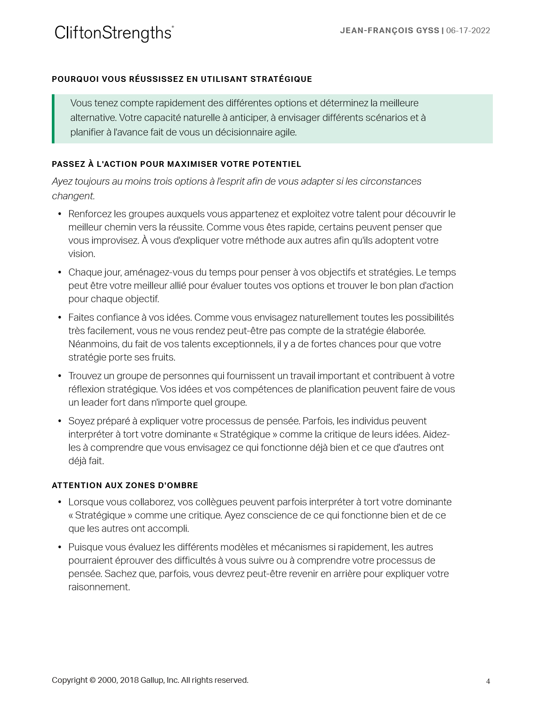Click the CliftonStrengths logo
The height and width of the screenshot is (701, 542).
114,33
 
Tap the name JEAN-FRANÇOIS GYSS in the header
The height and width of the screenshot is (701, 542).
389,31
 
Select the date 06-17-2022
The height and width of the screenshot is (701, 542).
468,31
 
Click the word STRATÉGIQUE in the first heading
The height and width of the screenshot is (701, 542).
281,79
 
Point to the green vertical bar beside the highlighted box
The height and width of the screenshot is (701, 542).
53,119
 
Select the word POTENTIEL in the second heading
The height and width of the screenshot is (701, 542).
277,164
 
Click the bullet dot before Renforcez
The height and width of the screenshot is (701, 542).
60,214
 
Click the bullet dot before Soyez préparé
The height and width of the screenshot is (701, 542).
60,421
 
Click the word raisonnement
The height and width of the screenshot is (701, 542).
99,587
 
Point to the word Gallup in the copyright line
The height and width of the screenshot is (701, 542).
152,680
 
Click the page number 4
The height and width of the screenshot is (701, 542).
488,682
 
